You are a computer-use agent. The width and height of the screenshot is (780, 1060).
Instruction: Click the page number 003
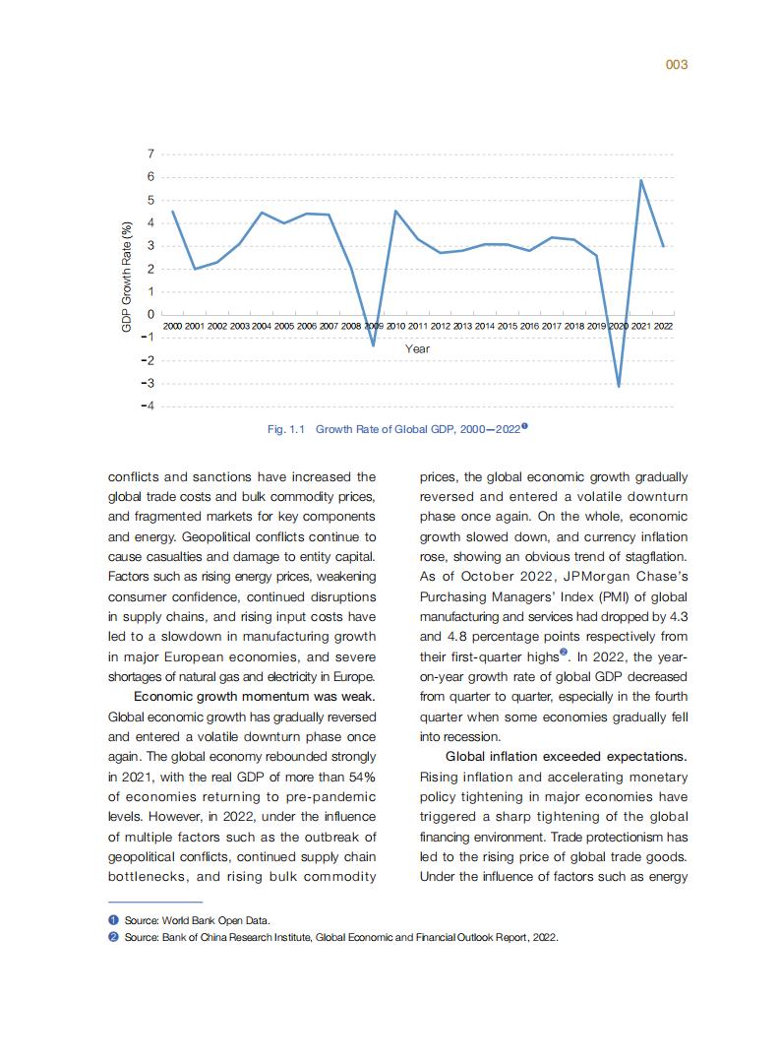click(x=676, y=64)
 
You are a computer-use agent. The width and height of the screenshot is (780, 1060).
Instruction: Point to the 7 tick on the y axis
click(x=150, y=155)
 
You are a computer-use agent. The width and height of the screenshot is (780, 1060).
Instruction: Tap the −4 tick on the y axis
click(x=148, y=406)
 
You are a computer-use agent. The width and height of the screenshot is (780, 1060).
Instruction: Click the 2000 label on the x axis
click(x=172, y=325)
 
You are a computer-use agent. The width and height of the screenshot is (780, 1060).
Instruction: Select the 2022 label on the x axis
click(x=663, y=325)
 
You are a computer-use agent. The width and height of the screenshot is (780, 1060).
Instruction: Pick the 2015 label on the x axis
click(x=508, y=325)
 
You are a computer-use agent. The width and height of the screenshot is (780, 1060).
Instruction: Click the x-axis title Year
click(x=417, y=348)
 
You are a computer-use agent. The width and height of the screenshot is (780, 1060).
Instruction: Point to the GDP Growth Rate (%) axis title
click(x=126, y=277)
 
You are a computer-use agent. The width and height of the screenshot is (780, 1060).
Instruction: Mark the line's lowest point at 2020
click(x=619, y=386)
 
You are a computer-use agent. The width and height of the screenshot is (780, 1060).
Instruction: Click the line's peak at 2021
click(x=641, y=180)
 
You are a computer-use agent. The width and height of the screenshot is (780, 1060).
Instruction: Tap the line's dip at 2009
click(x=373, y=344)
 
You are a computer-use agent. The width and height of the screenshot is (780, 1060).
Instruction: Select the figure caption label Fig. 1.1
click(x=288, y=429)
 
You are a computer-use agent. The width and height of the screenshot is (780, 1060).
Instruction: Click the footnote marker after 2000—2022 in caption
click(x=525, y=426)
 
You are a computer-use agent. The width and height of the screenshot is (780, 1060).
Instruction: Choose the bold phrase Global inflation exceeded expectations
click(x=567, y=757)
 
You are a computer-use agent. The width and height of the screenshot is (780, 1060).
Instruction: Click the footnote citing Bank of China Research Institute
click(x=339, y=937)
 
